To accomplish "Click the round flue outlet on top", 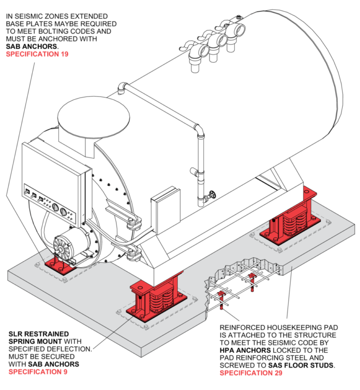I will [93, 119].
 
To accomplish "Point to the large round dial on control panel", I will [63, 212].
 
